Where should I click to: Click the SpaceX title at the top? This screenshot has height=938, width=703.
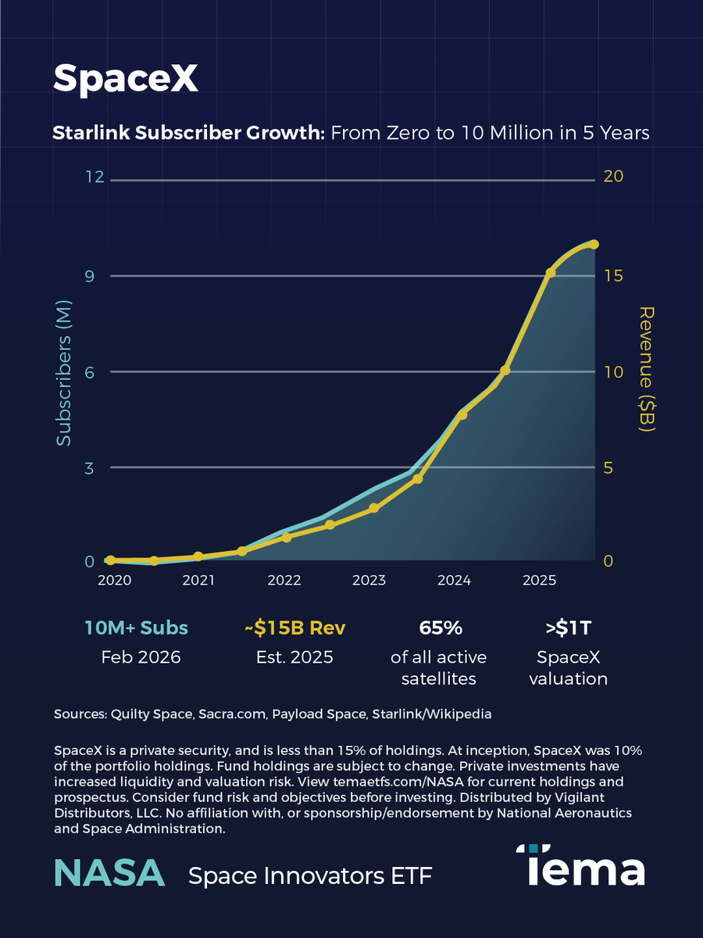(125, 78)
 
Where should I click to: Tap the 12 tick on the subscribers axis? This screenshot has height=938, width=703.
(95, 177)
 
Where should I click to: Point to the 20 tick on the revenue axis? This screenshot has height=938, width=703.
(613, 177)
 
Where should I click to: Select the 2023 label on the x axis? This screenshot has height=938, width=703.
(369, 581)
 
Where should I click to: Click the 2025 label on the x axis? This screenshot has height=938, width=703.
(539, 581)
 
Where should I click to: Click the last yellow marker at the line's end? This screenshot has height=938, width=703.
(594, 245)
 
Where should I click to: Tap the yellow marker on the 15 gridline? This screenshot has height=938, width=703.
(551, 273)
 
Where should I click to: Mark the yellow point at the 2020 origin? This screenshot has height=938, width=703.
(110, 560)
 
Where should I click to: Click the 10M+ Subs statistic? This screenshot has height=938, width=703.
(136, 628)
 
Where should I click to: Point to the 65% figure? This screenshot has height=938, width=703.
(441, 628)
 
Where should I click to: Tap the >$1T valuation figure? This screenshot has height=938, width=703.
(567, 628)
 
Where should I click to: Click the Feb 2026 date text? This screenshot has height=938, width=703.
(141, 657)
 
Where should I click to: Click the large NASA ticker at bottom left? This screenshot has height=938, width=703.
(109, 872)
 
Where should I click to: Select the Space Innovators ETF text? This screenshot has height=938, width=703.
(310, 876)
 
